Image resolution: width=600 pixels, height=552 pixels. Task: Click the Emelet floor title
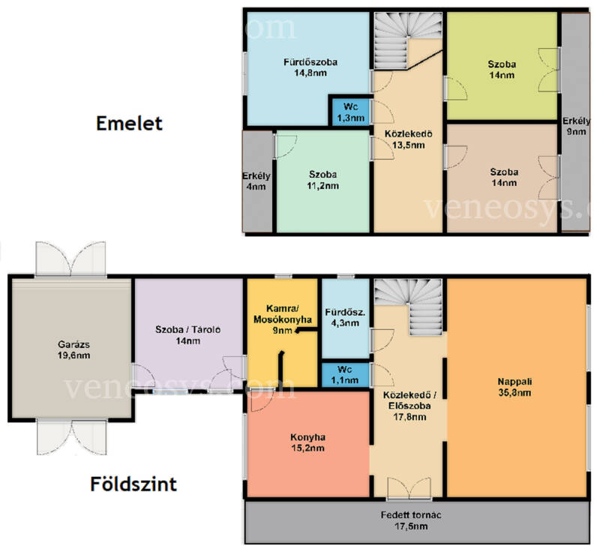tap(129, 124)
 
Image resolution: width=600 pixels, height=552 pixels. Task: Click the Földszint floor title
tap(133, 484)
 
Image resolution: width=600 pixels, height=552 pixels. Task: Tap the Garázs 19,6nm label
tap(73, 349)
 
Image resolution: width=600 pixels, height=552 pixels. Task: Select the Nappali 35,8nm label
tap(514, 387)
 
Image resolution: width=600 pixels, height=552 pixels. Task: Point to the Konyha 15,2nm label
tap(307, 442)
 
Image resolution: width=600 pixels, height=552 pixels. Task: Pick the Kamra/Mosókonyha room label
tap(283, 319)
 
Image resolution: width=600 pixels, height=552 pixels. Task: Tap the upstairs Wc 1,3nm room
tap(350, 112)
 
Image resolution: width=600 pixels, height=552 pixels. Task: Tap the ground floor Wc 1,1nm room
tap(345, 375)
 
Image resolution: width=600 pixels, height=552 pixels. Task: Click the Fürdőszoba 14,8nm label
tap(310, 67)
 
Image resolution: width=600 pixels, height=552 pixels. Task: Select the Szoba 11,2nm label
tap(323, 180)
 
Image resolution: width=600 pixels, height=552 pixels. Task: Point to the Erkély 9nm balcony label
tap(576, 126)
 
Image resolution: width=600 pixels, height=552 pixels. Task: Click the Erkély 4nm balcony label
tap(256, 181)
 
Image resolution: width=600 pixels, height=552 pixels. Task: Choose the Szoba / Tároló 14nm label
tap(188, 335)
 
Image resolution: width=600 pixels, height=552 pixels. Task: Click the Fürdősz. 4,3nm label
tap(345, 317)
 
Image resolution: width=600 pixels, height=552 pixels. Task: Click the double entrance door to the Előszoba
tap(409, 488)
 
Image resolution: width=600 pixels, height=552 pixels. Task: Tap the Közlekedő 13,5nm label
tap(408, 139)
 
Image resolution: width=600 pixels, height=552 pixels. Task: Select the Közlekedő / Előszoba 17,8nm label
tap(409, 406)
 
